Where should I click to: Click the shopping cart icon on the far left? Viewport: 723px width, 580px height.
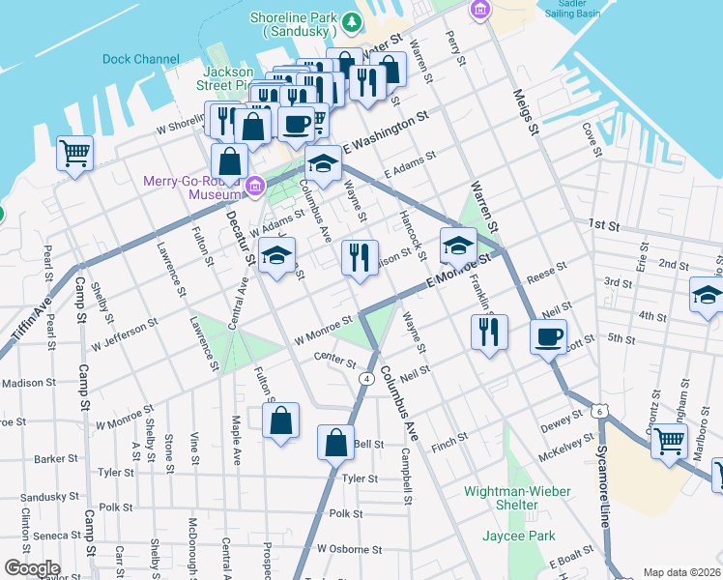click(75, 153)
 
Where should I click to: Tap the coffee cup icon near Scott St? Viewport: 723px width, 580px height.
click(548, 337)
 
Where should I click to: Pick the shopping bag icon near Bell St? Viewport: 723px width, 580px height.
click(335, 443)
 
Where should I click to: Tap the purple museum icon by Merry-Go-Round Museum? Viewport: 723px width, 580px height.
click(256, 185)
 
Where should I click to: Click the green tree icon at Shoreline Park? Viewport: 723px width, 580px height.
click(353, 21)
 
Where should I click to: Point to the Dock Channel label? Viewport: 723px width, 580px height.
click(141, 59)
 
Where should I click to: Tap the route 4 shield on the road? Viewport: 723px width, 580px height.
click(366, 378)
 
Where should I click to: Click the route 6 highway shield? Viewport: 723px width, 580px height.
click(601, 412)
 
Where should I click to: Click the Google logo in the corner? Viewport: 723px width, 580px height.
click(32, 567)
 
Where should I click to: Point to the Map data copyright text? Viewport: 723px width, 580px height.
click(681, 572)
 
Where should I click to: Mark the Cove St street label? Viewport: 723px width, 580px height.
click(592, 140)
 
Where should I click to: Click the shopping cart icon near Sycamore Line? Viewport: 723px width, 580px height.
click(668, 442)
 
